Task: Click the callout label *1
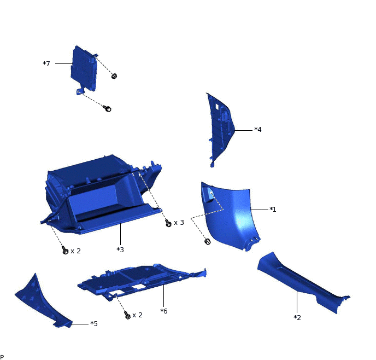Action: coord(273,209)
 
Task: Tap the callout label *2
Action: coord(297,317)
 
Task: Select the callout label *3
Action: coord(120,249)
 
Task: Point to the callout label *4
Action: coord(258,130)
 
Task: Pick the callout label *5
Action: coord(94,324)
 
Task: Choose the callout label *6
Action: coord(163,311)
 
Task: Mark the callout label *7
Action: coord(46,64)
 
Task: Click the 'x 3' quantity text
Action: coord(179,223)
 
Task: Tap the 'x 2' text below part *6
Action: coord(137,315)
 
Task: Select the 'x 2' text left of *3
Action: coord(76,251)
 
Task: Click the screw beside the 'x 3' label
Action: coord(168,223)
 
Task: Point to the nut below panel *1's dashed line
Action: coord(207,241)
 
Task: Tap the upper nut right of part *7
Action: coord(114,76)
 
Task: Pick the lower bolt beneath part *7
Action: coord(108,109)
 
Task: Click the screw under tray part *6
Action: coord(127,315)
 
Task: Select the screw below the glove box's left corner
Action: coord(66,251)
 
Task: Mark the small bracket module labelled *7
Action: coord(85,68)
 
